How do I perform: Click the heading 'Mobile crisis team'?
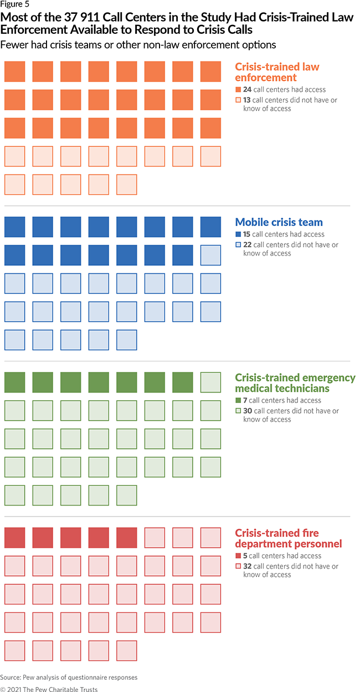(279, 223)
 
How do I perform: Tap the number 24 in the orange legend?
(248, 89)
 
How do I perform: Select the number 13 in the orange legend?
(248, 100)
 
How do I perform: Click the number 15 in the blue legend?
(248, 234)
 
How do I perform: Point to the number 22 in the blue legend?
(248, 245)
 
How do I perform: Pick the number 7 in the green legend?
(245, 400)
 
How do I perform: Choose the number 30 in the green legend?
(248, 411)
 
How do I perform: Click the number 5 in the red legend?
(245, 556)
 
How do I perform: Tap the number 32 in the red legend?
(248, 566)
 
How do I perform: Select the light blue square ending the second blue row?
(210, 255)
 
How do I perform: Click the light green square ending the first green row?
(210, 383)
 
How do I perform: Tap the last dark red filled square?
(127, 538)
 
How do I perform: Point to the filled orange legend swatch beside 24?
(238, 89)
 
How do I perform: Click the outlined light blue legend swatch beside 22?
(238, 245)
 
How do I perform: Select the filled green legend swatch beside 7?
(238, 400)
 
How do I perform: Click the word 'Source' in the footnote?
(11, 677)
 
